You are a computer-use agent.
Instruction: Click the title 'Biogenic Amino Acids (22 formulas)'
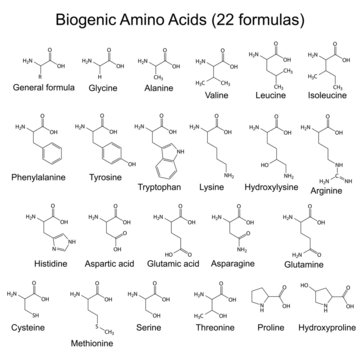point(180,17)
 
